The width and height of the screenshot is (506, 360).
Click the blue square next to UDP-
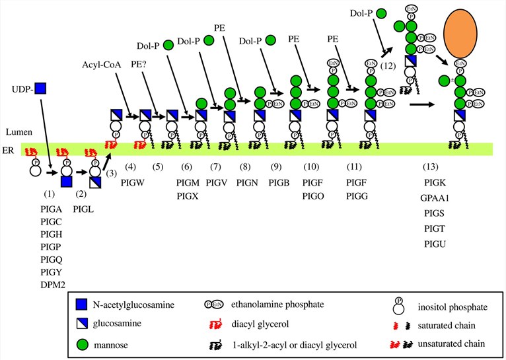pos(41,87)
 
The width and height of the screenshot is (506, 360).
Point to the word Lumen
pos(14,133)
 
